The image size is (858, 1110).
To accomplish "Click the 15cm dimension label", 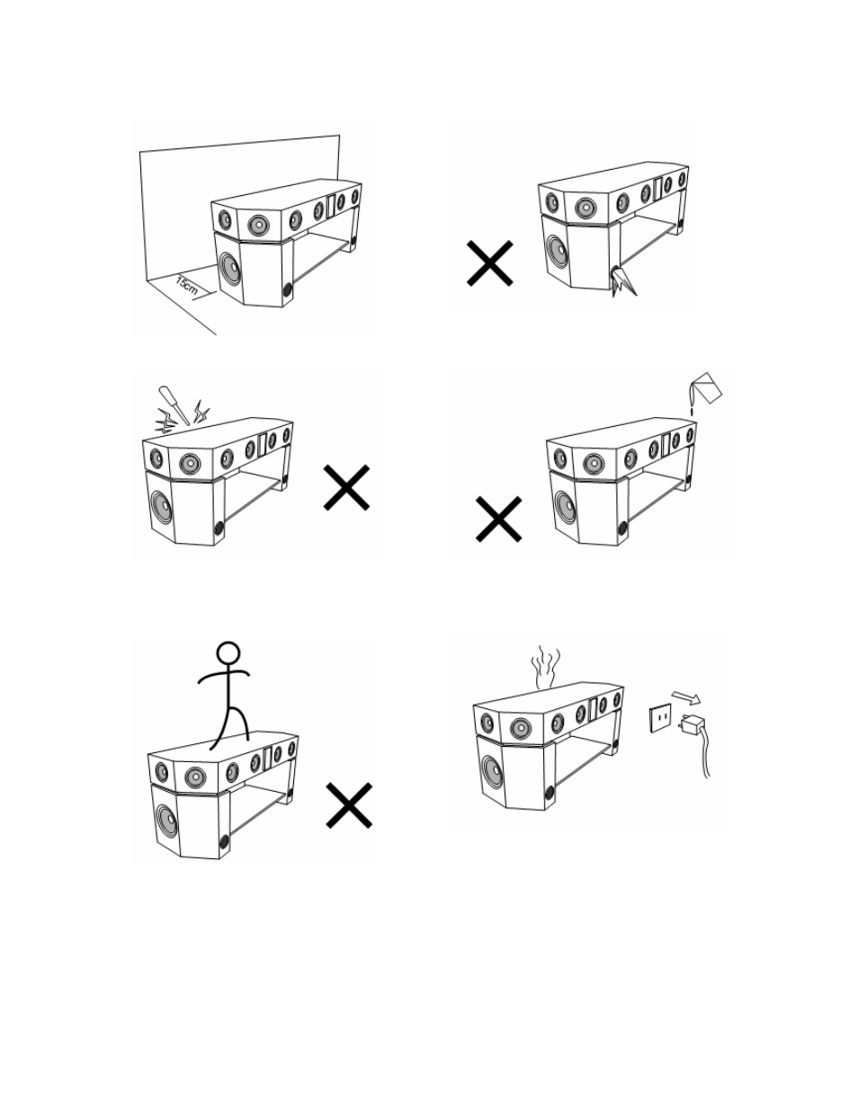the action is (x=186, y=286).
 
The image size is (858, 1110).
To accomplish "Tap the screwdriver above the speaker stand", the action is (x=174, y=405).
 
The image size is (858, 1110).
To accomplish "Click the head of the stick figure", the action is (x=228, y=653).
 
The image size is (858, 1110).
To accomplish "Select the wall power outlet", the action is (x=660, y=718).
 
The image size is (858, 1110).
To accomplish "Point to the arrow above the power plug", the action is (x=686, y=697).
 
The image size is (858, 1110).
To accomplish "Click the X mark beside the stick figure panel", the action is (x=349, y=805).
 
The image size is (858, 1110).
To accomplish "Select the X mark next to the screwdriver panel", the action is (x=346, y=487).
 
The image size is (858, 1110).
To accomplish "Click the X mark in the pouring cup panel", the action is (x=499, y=519).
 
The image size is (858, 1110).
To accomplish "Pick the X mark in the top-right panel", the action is (x=489, y=263).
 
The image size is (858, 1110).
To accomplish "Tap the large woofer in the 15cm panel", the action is (x=230, y=268).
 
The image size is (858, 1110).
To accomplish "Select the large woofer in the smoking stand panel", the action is (x=492, y=771).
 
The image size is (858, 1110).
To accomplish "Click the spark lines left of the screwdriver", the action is (x=165, y=421).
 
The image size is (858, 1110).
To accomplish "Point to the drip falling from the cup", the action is (x=693, y=411).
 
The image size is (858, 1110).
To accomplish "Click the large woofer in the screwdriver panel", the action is (x=162, y=506).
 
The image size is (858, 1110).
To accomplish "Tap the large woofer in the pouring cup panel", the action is (x=565, y=505).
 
